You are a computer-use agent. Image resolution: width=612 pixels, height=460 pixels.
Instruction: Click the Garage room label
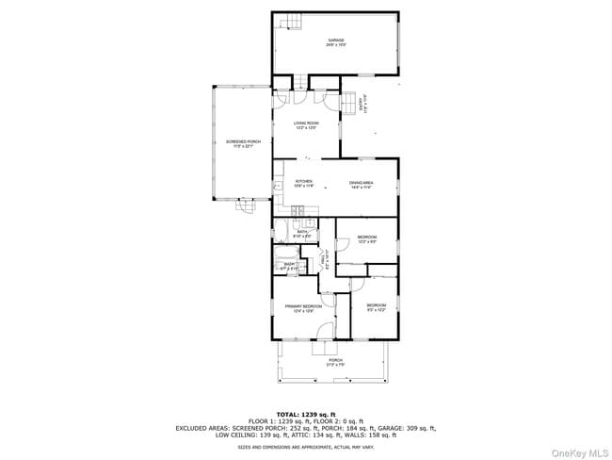[335, 42]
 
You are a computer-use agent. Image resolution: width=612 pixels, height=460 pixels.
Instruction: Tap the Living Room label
[306, 125]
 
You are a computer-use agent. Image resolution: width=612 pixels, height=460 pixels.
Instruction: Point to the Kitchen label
[303, 184]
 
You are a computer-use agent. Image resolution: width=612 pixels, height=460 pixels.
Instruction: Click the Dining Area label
[362, 185]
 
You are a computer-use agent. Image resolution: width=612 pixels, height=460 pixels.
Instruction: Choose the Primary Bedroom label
[303, 308]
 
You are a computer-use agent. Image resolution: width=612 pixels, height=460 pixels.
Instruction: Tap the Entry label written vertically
[364, 107]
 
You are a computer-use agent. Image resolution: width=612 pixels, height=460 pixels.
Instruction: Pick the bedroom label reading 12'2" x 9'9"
[366, 238]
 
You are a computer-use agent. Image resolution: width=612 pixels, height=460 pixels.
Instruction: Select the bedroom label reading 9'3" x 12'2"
[376, 307]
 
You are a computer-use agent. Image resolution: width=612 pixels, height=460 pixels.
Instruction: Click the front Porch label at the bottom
[335, 362]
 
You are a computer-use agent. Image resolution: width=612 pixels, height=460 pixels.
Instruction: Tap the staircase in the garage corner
[287, 23]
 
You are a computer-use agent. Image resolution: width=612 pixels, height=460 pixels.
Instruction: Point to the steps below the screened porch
[246, 206]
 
